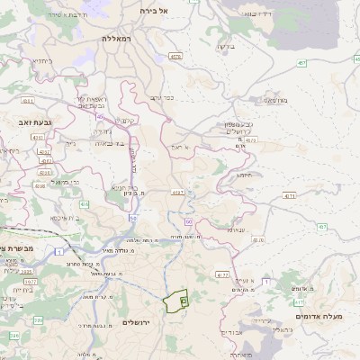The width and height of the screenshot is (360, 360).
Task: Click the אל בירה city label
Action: click(155, 10)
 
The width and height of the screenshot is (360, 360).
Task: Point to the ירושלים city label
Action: click(139, 322)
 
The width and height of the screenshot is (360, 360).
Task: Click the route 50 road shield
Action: click(132, 218)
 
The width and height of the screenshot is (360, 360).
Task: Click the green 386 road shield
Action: click(38, 319)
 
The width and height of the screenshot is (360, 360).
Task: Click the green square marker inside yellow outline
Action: click(183, 301)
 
